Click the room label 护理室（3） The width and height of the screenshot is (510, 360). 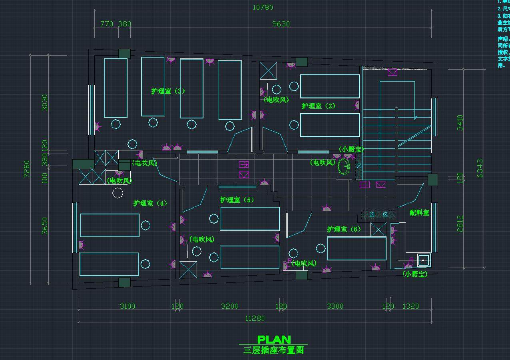pyautogui.click(x=168, y=91)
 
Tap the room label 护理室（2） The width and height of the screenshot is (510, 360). pyautogui.click(x=318, y=106)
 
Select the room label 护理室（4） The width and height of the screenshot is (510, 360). pyautogui.click(x=150, y=203)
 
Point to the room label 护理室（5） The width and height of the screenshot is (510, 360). pyautogui.click(x=237, y=200)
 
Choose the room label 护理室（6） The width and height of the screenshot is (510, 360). pyautogui.click(x=344, y=229)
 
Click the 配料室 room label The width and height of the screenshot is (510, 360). pyautogui.click(x=419, y=213)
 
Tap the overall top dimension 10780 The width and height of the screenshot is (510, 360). pyautogui.click(x=263, y=7)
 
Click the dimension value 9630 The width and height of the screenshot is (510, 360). pyautogui.click(x=281, y=24)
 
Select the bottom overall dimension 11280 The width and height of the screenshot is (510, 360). pyautogui.click(x=255, y=318)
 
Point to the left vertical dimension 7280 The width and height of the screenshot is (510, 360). pyautogui.click(x=27, y=169)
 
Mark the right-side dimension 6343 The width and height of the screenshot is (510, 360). pyautogui.click(x=480, y=168)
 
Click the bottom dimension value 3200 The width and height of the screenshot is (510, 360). pyautogui.click(x=229, y=306)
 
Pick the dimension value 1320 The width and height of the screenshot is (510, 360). pyautogui.click(x=410, y=306)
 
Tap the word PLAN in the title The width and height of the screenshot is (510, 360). pyautogui.click(x=274, y=340)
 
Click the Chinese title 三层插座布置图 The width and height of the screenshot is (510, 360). pyautogui.click(x=274, y=350)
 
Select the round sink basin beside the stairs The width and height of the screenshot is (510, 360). pyautogui.click(x=344, y=167)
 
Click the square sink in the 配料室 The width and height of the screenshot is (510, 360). pyautogui.click(x=423, y=260)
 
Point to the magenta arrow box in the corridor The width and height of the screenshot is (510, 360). pyautogui.click(x=244, y=164)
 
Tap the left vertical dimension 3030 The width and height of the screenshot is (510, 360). pyautogui.click(x=45, y=102)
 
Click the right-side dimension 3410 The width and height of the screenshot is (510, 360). pyautogui.click(x=460, y=122)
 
